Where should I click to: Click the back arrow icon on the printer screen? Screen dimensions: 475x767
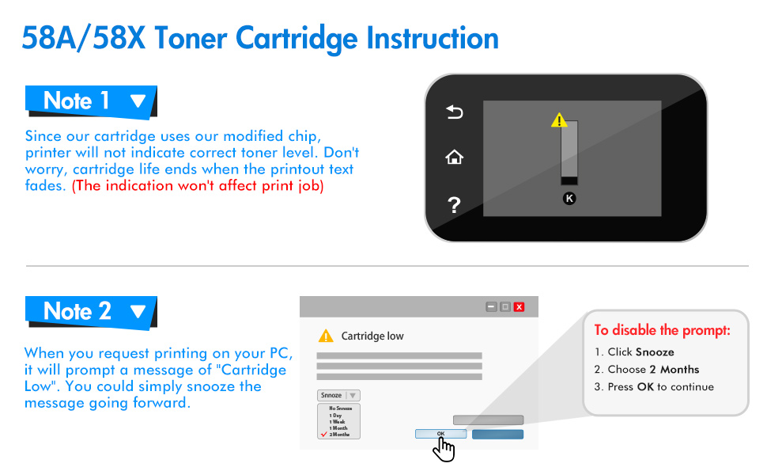click(454, 113)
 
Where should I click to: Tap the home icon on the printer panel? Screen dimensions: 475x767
click(454, 158)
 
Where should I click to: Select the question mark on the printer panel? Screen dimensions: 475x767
click(454, 206)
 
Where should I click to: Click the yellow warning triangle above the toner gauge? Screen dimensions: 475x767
click(559, 120)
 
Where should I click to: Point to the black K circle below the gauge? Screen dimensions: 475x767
click(569, 198)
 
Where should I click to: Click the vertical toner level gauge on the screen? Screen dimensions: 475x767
click(569, 154)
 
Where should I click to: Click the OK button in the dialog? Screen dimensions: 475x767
click(440, 434)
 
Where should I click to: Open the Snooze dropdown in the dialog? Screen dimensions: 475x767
click(338, 395)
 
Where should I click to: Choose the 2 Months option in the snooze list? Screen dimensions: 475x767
click(340, 435)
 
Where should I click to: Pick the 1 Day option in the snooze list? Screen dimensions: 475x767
click(336, 416)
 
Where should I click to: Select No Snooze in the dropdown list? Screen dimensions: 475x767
click(340, 408)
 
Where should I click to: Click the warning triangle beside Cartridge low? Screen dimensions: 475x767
click(326, 336)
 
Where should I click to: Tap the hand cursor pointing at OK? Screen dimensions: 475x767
click(444, 449)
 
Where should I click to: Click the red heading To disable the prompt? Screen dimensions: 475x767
click(663, 330)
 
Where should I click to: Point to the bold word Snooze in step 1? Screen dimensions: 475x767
click(655, 352)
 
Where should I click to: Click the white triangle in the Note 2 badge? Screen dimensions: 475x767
click(138, 312)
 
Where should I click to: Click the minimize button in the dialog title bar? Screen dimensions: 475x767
click(491, 306)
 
